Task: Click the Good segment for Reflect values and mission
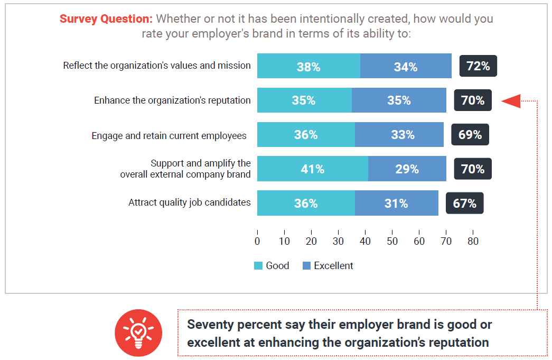click(308, 66)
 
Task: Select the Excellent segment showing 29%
click(407, 169)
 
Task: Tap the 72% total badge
click(478, 66)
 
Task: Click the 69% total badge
click(470, 135)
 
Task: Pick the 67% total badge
click(464, 204)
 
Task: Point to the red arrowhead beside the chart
click(511, 100)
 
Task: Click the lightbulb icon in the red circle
click(138, 333)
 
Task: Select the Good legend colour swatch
click(258, 266)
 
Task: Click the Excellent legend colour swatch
click(306, 266)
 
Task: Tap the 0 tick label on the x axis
click(257, 241)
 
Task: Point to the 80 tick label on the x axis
click(473, 241)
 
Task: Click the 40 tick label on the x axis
click(365, 241)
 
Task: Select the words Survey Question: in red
click(106, 19)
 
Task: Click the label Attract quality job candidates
click(189, 202)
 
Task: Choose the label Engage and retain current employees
click(169, 136)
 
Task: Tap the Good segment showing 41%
click(312, 169)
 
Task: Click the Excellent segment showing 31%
click(396, 204)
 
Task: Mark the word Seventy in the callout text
click(210, 325)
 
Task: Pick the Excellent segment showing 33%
click(399, 135)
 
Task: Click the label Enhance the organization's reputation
click(172, 100)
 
